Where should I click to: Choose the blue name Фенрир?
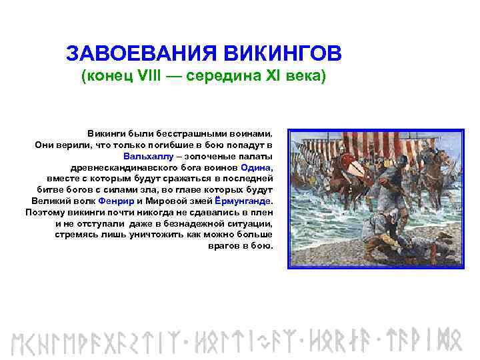point(116,201)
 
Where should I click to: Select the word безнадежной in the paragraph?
point(191,223)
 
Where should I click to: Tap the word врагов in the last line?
point(213,245)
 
